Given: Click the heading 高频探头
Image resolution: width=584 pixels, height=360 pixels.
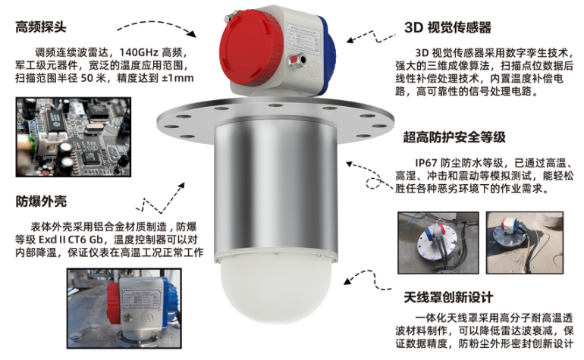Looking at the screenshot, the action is click(x=41, y=27).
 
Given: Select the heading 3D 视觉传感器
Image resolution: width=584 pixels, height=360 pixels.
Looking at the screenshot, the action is click(x=447, y=27).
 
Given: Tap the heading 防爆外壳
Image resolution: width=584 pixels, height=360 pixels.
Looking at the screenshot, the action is click(x=41, y=202).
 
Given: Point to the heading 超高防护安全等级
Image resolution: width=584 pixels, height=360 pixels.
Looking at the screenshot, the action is click(x=454, y=137).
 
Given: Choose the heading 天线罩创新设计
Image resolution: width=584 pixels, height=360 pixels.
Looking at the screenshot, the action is click(x=448, y=297).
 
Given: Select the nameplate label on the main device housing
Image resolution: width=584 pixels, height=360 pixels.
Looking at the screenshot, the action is click(x=303, y=38).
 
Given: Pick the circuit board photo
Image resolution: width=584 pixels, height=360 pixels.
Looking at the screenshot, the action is click(x=74, y=137).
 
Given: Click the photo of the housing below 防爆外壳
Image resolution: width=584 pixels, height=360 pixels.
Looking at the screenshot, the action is click(x=124, y=308).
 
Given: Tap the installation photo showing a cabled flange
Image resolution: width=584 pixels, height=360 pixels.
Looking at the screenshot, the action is click(x=438, y=243).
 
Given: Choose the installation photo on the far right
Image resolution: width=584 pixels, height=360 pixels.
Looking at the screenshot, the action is click(x=525, y=243).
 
